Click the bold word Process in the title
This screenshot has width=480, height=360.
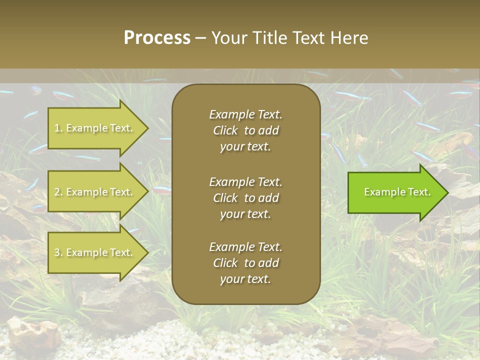[157, 38]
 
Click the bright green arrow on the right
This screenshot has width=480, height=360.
[395, 192]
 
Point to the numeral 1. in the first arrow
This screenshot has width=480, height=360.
[58, 128]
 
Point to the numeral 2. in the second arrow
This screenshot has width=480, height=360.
[58, 192]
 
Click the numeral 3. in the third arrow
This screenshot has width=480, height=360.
[58, 252]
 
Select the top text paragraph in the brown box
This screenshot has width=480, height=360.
[245, 130]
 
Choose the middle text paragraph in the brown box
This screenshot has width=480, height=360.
[245, 198]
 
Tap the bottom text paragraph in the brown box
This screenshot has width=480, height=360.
[245, 263]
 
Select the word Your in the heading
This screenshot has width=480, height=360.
[228, 38]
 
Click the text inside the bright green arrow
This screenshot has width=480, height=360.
[397, 192]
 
